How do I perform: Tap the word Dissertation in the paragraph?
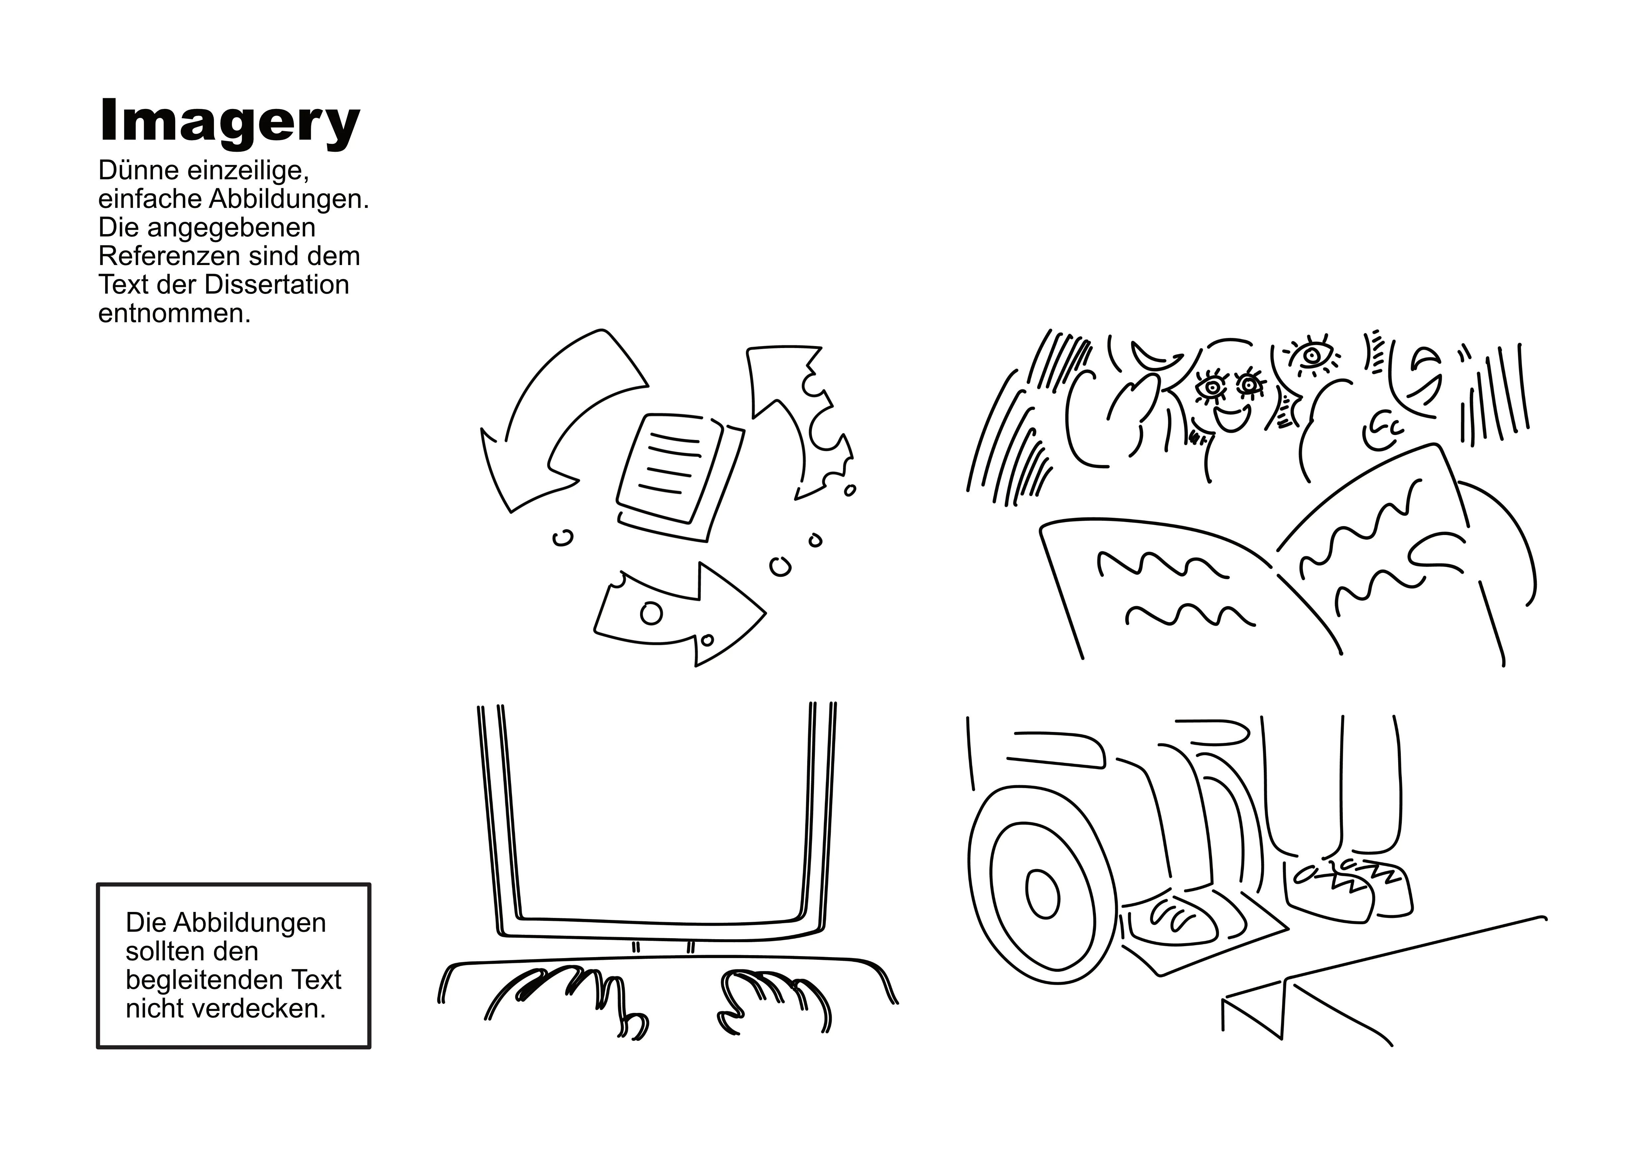pos(277,285)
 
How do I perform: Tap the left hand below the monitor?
pos(566,1001)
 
